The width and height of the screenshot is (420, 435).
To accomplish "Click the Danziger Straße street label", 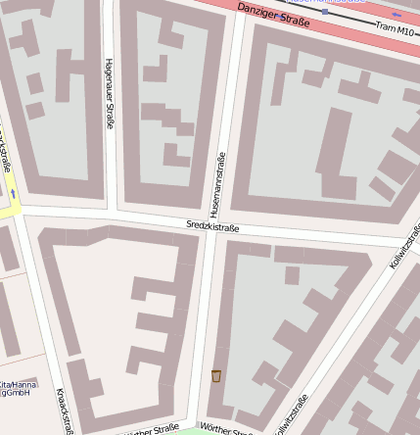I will pyautogui.click(x=274, y=17).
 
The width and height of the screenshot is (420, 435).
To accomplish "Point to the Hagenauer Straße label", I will pyautogui.click(x=109, y=93).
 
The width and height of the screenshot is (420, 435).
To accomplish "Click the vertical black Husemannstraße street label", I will pyautogui.click(x=217, y=184).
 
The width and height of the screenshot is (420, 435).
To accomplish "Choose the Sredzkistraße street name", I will pyautogui.click(x=212, y=226).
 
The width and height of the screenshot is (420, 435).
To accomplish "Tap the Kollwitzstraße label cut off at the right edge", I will pyautogui.click(x=405, y=247).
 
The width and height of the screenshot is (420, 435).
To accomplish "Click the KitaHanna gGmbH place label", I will pyautogui.click(x=18, y=389).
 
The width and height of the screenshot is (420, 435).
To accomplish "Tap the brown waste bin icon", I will pyautogui.click(x=216, y=375).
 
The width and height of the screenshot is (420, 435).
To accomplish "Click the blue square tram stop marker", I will pyautogui.click(x=283, y=18).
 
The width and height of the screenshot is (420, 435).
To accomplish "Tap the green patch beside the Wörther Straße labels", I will pyautogui.click(x=186, y=430).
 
